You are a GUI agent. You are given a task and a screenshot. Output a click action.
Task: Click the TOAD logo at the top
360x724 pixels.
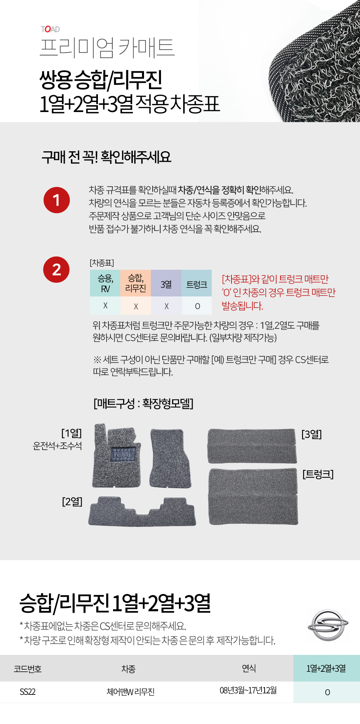pyautogui.click(x=50, y=29)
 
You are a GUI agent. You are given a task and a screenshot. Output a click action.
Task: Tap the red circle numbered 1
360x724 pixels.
pyautogui.click(x=57, y=200)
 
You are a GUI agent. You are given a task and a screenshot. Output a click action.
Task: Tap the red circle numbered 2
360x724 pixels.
pyautogui.click(x=57, y=269)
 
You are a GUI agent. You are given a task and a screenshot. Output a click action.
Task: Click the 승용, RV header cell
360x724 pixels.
pyautogui.click(x=105, y=283)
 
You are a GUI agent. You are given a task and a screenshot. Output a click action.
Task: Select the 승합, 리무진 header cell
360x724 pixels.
pyautogui.click(x=135, y=283)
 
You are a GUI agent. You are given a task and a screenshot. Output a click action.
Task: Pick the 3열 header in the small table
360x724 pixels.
pyautogui.click(x=166, y=283)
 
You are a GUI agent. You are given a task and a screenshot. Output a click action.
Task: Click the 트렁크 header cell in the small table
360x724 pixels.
pyautogui.click(x=197, y=283)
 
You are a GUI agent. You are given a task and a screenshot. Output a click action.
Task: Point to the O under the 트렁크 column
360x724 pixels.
pyautogui.click(x=197, y=306)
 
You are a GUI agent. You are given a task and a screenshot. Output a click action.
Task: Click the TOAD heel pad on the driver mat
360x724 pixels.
pyautogui.click(x=123, y=455)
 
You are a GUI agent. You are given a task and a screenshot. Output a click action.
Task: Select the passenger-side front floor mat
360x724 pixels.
pyautogui.click(x=170, y=458)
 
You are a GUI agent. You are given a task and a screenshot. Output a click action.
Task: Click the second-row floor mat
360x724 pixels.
pyautogui.click(x=142, y=511)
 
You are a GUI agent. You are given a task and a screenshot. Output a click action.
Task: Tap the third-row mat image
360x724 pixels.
pyautogui.click(x=252, y=446)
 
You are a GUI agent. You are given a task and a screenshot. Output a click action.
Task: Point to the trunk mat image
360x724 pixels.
pyautogui.click(x=253, y=496)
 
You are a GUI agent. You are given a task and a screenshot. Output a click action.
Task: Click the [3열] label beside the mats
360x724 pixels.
pyautogui.click(x=311, y=434)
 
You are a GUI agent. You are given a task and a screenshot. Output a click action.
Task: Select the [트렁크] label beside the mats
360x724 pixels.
pyautogui.click(x=318, y=474)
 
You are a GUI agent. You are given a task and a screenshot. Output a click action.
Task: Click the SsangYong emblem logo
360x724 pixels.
pyautogui.click(x=328, y=625)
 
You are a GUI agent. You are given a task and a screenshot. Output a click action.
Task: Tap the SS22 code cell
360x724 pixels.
pyautogui.click(x=28, y=692)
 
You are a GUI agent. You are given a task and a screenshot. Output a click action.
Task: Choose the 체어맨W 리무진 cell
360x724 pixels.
pyautogui.click(x=130, y=692)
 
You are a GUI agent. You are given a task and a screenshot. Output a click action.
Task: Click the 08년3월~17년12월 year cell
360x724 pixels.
pyautogui.click(x=248, y=690)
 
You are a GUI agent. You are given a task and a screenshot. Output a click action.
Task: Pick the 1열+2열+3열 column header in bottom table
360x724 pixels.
pyautogui.click(x=327, y=668)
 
